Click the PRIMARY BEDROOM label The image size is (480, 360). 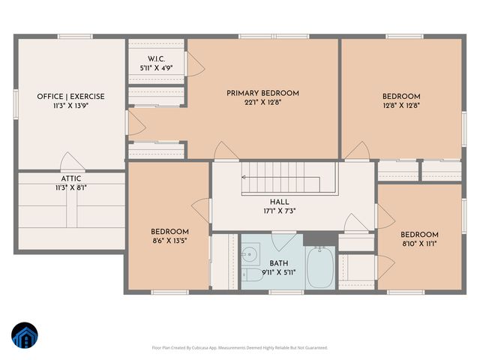(262, 93)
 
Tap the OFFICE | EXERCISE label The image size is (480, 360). (70, 97)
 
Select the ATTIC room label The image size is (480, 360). (71, 178)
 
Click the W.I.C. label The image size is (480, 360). (157, 58)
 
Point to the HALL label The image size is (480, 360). (279, 202)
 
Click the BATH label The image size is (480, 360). (279, 263)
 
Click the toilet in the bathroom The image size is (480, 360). (253, 275)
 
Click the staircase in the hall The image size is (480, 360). (289, 180)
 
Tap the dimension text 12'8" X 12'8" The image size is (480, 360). (400, 106)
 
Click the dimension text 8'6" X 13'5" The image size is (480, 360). (169, 241)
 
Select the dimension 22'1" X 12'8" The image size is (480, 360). (262, 103)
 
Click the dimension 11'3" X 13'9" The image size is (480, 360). (70, 106)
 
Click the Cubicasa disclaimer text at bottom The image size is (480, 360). (240, 347)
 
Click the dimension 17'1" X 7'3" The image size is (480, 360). (279, 211)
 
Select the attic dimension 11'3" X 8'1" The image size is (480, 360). (71, 187)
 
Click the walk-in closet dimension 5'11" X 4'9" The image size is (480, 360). (157, 67)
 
